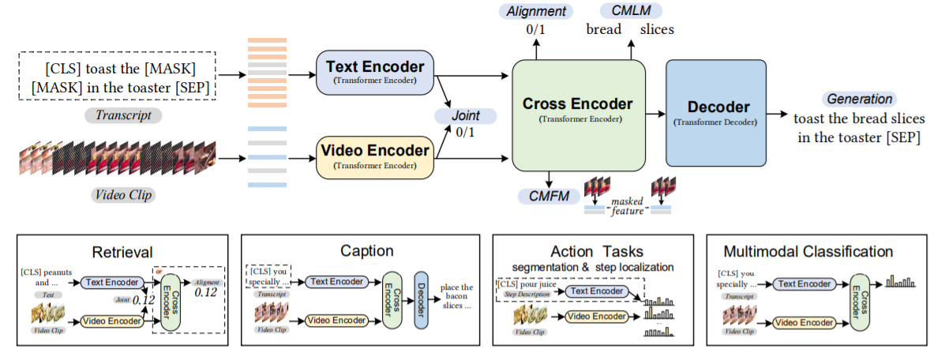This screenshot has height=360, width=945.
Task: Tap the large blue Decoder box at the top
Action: click(x=715, y=111)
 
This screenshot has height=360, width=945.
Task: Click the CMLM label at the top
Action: click(x=631, y=11)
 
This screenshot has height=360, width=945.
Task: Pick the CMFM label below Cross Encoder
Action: click(x=545, y=195)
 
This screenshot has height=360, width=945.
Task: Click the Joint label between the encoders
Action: click(x=466, y=116)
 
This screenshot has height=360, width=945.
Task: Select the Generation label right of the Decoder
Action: click(x=860, y=99)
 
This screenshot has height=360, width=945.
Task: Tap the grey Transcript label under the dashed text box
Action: click(x=122, y=115)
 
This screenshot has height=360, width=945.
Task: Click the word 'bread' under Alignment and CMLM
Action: click(x=604, y=31)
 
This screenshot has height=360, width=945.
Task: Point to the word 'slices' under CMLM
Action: click(x=657, y=31)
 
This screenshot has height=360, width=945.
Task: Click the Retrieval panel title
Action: click(x=122, y=251)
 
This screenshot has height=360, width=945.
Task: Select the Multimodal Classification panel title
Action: click(x=808, y=252)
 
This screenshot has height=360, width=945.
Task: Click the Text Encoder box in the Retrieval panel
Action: click(x=111, y=281)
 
